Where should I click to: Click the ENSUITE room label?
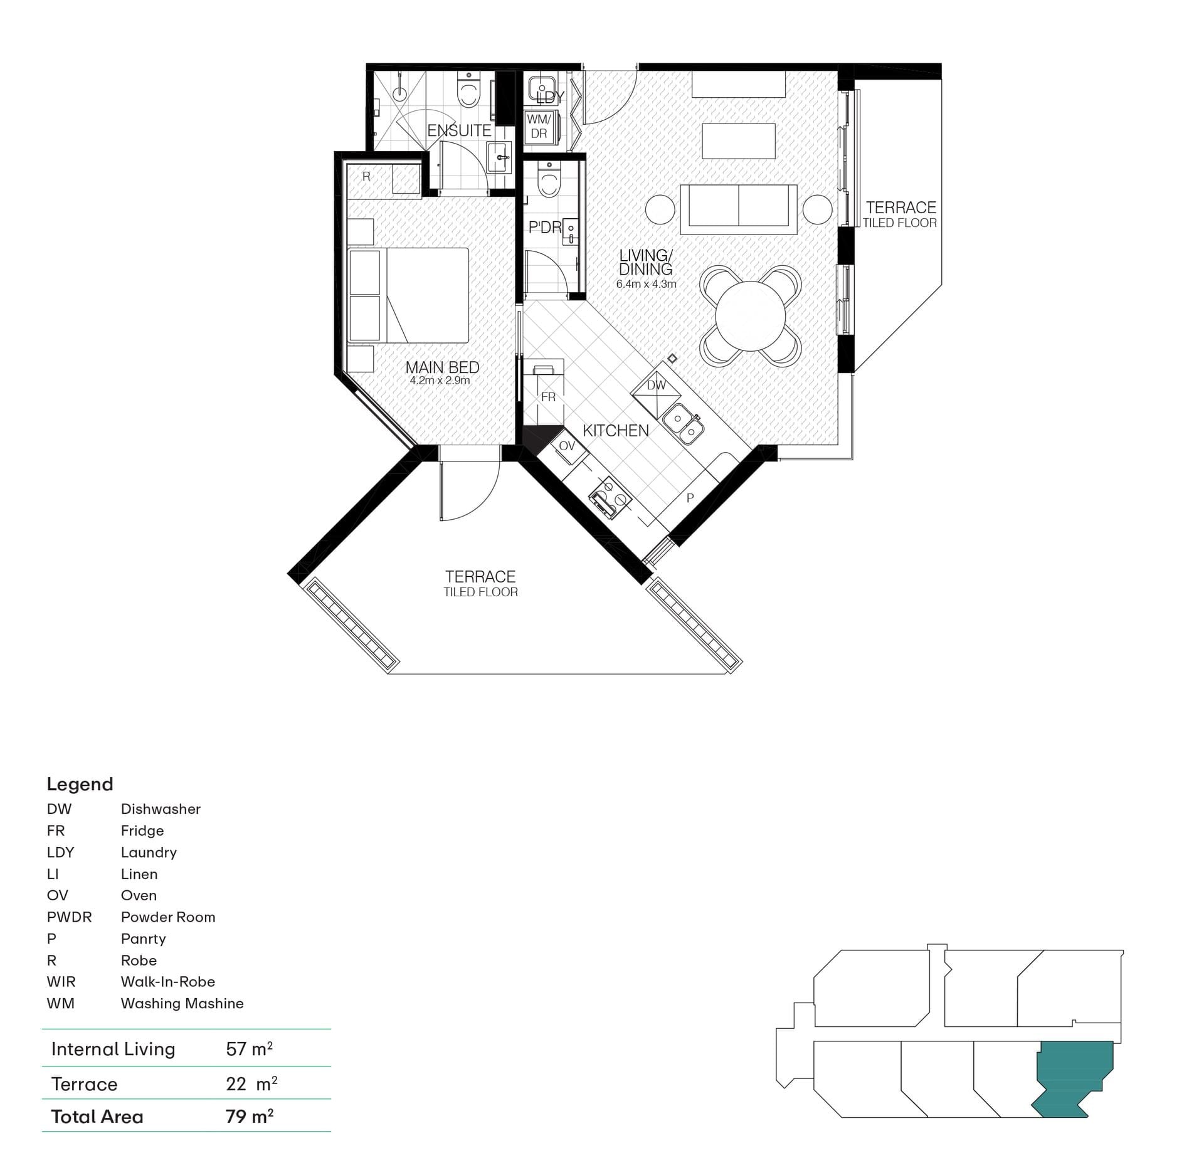coord(459,130)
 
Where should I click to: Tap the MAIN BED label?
coord(442,367)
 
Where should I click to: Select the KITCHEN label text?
coord(616,431)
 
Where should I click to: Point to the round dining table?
coord(750,316)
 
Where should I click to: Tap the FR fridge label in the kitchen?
coord(548,397)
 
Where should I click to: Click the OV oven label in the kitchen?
coord(567,446)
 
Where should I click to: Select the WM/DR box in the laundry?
coord(539,127)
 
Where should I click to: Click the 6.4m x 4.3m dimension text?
coord(646,284)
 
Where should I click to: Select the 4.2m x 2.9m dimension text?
coord(440,381)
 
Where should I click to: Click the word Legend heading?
coord(80,784)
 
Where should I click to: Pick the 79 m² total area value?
coord(250,1117)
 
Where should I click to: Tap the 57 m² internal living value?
coord(250,1049)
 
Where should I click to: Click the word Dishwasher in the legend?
coord(161,809)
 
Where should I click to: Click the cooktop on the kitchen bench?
coord(610,498)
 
